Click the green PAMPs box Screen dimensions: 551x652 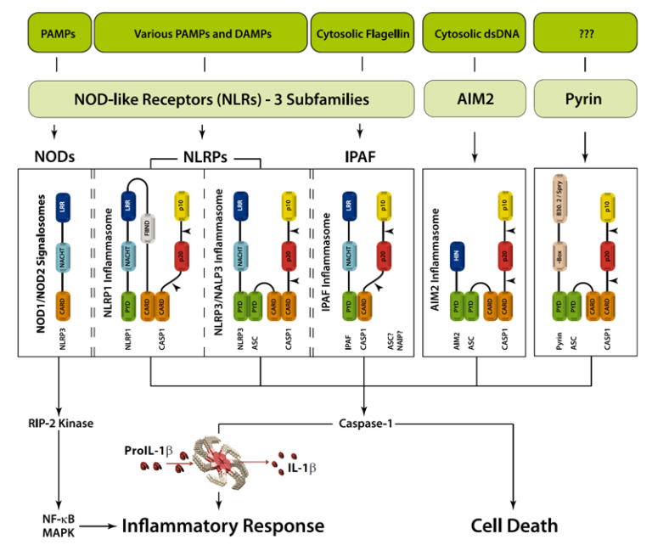coord(56,34)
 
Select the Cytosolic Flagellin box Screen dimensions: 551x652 coord(363,34)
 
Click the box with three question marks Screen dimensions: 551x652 coord(584,34)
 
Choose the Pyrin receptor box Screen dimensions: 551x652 coord(584,99)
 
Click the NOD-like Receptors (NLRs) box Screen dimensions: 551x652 coord(222,99)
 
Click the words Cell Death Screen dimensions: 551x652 coord(514,526)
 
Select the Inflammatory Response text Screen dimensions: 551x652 coord(222,526)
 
